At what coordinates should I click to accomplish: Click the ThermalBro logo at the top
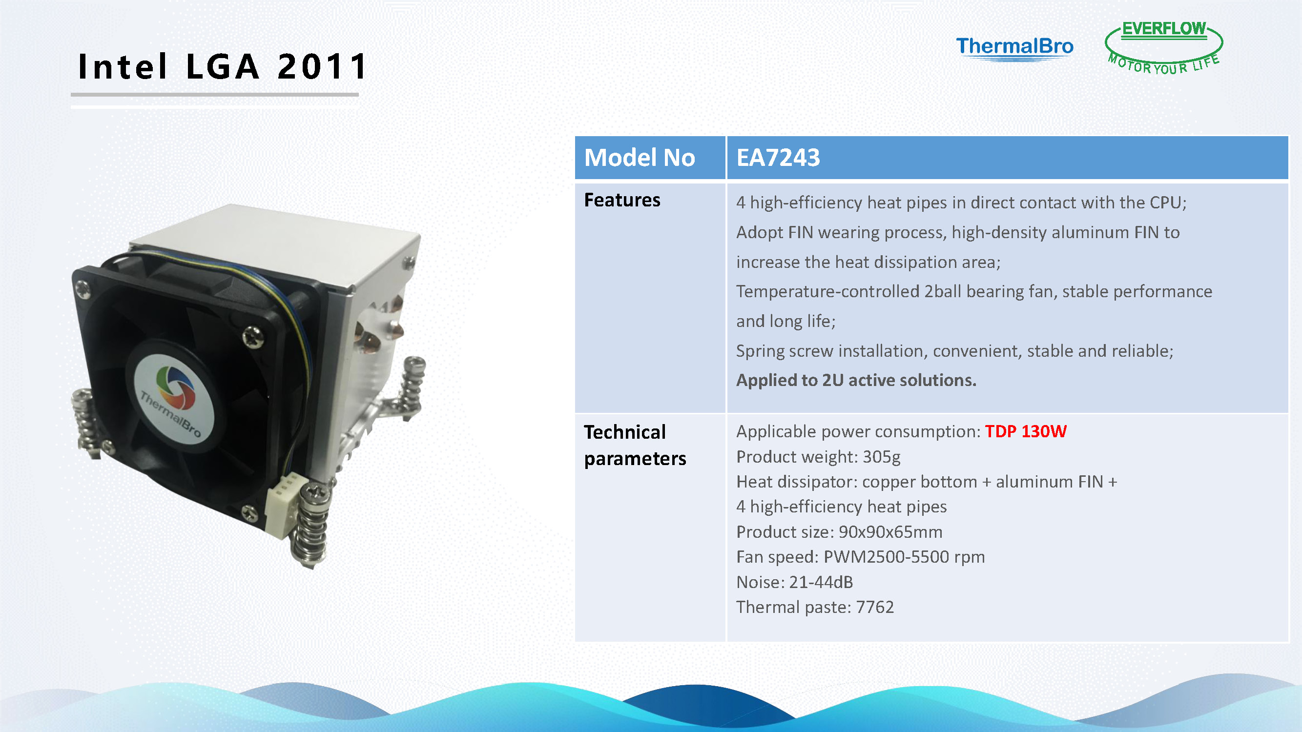coord(1014,48)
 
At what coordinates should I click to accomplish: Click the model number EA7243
coord(778,158)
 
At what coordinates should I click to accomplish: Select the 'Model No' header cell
coord(650,158)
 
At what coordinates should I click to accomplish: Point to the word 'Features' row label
coord(622,200)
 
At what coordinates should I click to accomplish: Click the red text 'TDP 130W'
coord(1026,431)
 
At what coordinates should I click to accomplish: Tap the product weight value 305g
coord(882,457)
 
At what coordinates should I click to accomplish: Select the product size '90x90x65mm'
coord(890,532)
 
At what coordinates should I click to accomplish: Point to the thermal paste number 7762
coord(875,607)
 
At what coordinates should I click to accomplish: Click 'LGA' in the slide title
coord(223,67)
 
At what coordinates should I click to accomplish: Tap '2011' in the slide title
coord(322,67)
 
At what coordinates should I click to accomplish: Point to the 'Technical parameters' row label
coord(635,446)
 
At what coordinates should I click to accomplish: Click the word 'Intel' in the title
coord(123,67)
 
